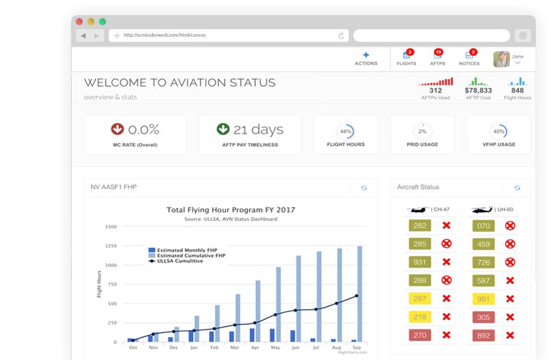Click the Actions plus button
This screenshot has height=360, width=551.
[x=366, y=55]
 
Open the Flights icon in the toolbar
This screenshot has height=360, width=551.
[x=406, y=56]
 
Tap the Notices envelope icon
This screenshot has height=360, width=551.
[x=469, y=56]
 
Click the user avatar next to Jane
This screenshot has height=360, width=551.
[x=501, y=59]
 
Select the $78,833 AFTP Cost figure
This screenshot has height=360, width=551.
[x=479, y=91]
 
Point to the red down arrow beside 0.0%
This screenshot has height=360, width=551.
[x=117, y=130]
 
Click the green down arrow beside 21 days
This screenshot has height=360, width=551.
[x=223, y=130]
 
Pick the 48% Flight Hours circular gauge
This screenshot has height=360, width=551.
[x=345, y=131]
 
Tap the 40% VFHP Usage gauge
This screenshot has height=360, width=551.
[x=499, y=131]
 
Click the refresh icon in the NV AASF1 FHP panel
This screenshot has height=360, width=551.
[x=364, y=188]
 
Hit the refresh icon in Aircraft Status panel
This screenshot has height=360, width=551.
[x=517, y=188]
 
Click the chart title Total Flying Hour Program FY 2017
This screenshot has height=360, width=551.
[x=230, y=210]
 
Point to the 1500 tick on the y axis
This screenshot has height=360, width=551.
[x=110, y=227]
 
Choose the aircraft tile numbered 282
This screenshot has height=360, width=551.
[x=420, y=225]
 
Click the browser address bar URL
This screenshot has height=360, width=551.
[x=164, y=36]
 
